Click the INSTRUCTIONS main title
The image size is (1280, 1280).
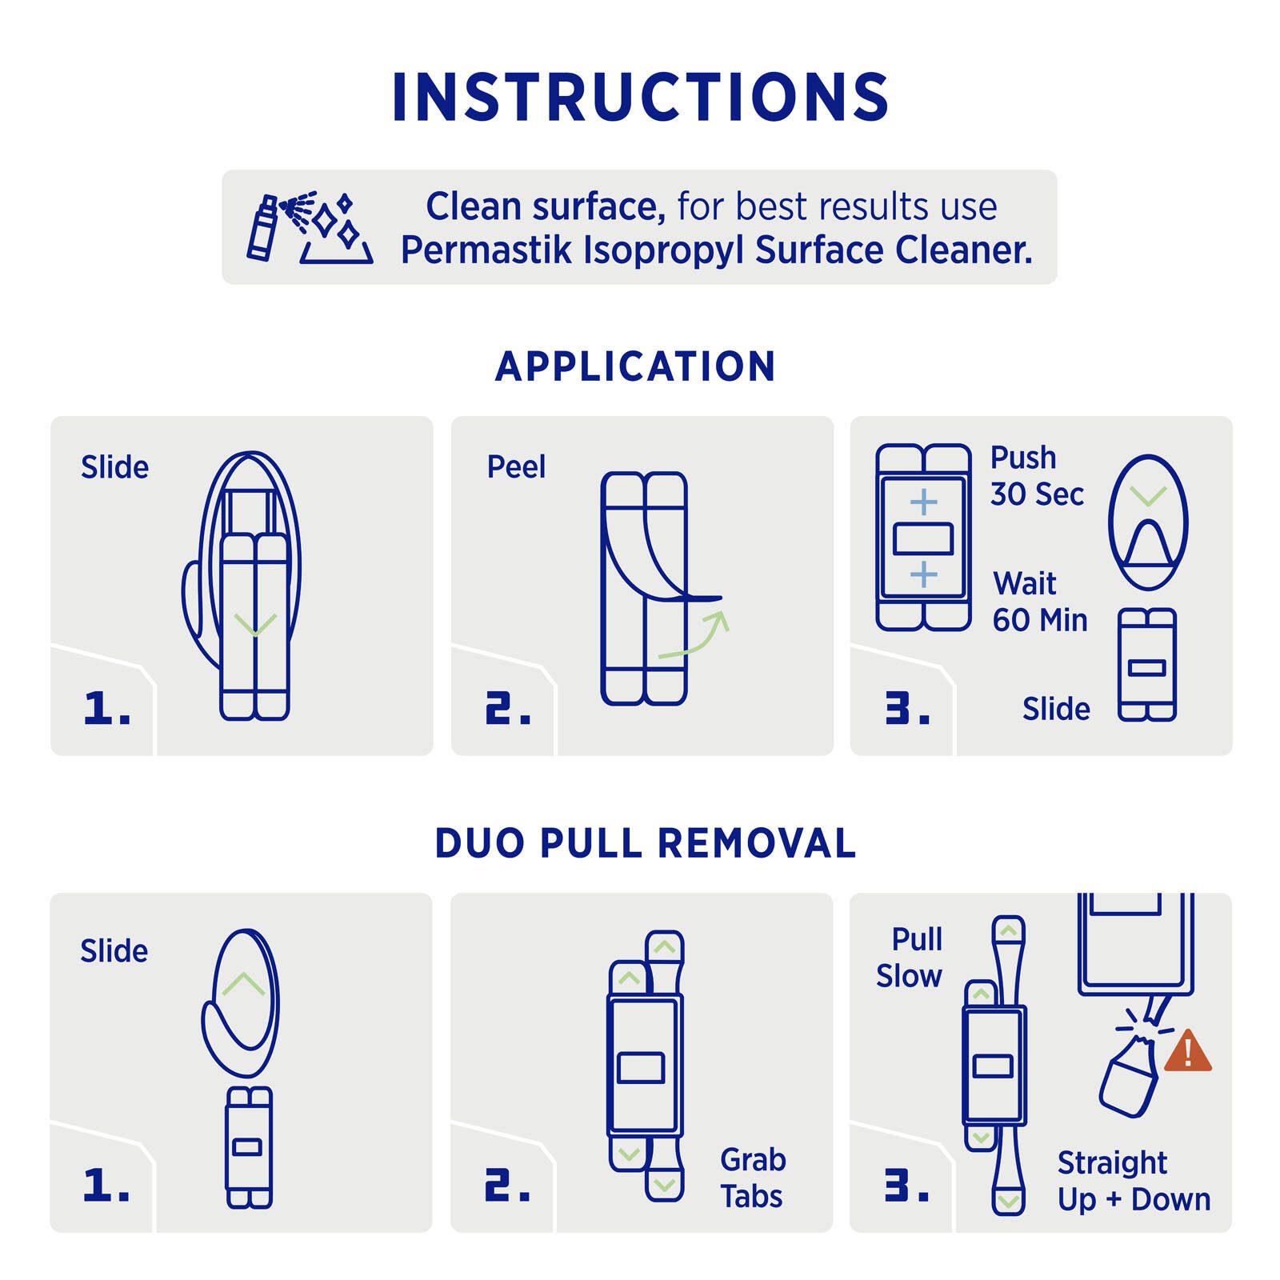click(640, 97)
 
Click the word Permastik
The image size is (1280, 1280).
click(487, 250)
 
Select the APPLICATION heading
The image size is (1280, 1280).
click(636, 366)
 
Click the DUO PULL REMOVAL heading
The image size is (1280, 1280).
click(646, 843)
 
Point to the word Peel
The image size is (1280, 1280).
click(516, 466)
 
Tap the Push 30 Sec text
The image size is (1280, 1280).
click(1037, 476)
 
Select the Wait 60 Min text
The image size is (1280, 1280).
click(1040, 602)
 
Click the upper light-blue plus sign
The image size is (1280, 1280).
click(924, 502)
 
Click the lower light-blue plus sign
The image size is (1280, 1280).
click(924, 574)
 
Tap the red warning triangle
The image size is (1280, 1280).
click(1188, 1050)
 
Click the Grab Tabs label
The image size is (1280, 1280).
click(753, 1178)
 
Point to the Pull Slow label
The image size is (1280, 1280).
click(910, 958)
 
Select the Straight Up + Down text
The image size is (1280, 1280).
click(1134, 1181)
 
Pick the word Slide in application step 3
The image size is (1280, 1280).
click(1056, 709)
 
